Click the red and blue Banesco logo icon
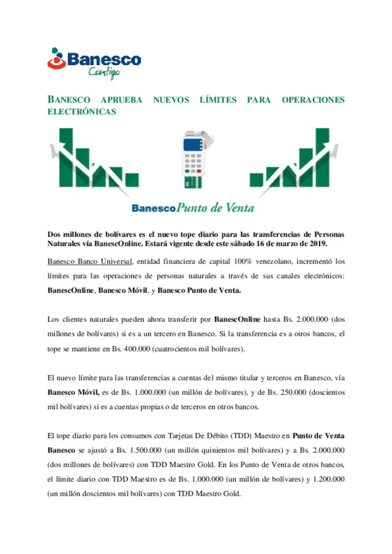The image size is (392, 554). pos(57,59)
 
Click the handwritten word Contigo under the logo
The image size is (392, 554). pos(104,72)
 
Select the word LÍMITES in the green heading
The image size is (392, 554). pos(218,100)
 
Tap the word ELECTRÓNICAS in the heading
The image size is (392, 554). pos(82,112)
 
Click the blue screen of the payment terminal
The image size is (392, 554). pos(193,145)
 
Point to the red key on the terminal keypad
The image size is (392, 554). pos(199,171)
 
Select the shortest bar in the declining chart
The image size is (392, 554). pos(132,180)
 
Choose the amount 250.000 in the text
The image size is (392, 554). pos(293,392)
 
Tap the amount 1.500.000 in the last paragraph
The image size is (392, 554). pos(146,450)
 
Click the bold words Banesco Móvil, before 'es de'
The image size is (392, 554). pos(73,392)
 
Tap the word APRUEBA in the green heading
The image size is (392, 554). pos(121,100)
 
